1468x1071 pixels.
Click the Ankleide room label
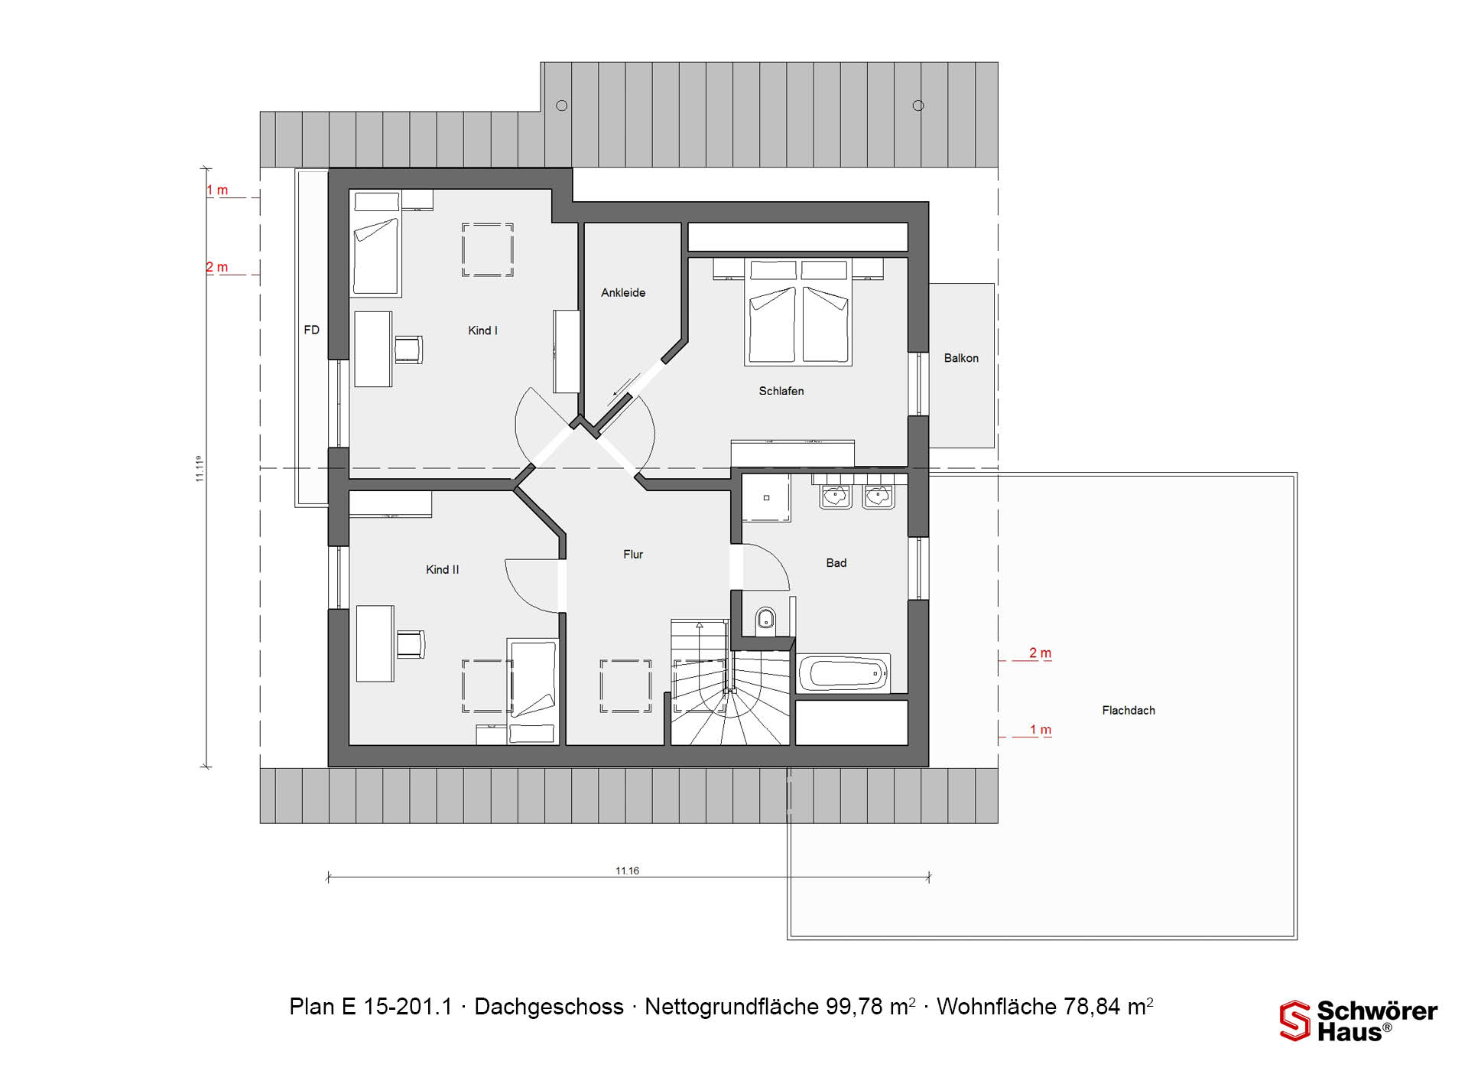tap(623, 293)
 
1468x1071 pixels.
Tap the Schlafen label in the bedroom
tap(781, 391)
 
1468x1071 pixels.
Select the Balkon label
tap(961, 358)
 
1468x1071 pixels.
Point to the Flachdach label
tap(1129, 711)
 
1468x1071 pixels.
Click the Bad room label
tap(836, 563)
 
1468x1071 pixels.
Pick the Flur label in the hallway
tap(633, 555)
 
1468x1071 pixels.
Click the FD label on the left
tap(311, 330)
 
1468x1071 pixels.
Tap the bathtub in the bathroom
tap(844, 673)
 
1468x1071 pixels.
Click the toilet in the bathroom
tap(765, 619)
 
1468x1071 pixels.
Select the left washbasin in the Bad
tap(836, 496)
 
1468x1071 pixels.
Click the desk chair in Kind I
tap(408, 350)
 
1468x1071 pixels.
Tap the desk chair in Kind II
tap(411, 644)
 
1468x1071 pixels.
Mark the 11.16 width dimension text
tap(627, 871)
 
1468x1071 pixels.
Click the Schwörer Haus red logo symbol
tap(1294, 1021)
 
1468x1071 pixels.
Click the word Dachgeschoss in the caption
tap(549, 1007)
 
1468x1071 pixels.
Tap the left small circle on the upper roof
tap(562, 106)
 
